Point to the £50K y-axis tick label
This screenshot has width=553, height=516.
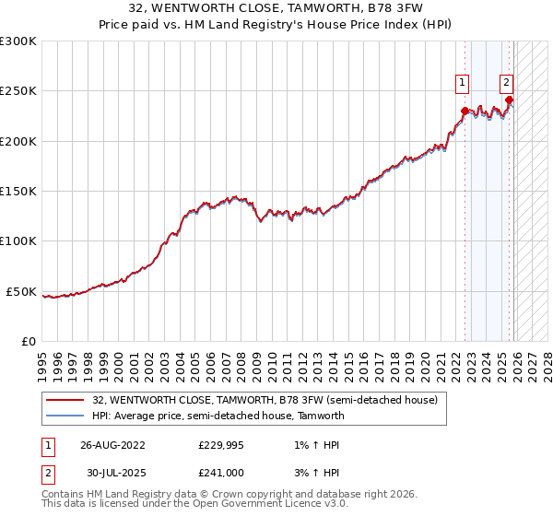click(x=21, y=291)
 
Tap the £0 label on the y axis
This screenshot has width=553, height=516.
click(x=29, y=341)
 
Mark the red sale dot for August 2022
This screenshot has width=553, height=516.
click(x=465, y=111)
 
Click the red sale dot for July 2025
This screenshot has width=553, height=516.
click(x=510, y=100)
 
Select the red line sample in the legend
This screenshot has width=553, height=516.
click(x=65, y=400)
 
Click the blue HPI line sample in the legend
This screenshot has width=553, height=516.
click(x=65, y=416)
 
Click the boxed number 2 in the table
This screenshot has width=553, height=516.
click(x=46, y=473)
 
